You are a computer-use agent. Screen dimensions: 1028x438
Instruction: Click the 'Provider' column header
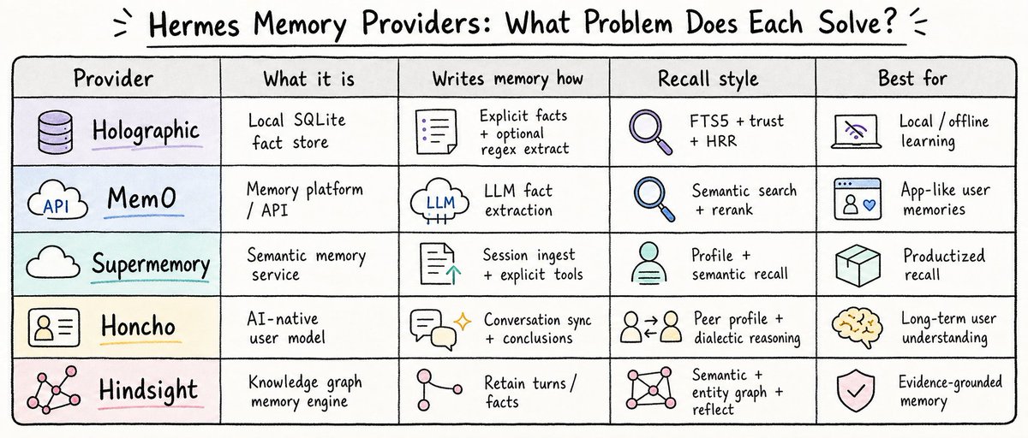click(113, 78)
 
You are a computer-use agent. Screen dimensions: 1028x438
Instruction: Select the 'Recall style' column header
click(708, 79)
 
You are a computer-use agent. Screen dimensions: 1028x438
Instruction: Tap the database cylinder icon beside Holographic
click(55, 132)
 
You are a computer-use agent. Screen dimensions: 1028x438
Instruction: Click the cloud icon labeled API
click(57, 200)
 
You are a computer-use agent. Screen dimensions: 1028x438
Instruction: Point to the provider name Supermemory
click(151, 264)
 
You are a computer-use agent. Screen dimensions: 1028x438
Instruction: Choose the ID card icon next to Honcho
click(54, 327)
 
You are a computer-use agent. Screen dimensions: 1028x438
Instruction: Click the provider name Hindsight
click(148, 390)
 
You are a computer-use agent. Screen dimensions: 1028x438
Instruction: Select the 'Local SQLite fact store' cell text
click(296, 131)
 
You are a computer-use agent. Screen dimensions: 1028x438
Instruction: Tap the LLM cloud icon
click(439, 202)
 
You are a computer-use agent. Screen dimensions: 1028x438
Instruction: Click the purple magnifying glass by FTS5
click(650, 132)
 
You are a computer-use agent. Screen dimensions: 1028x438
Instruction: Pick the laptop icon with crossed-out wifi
click(856, 132)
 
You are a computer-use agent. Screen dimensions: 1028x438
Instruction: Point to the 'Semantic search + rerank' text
click(744, 200)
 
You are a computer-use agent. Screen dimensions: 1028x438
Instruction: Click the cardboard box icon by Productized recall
click(858, 265)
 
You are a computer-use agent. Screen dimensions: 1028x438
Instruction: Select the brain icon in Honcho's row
click(857, 327)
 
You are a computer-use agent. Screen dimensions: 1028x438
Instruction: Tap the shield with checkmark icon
click(856, 391)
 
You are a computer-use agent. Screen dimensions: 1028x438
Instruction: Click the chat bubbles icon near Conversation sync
click(433, 329)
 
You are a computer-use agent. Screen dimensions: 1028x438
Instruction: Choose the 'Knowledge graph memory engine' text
click(305, 392)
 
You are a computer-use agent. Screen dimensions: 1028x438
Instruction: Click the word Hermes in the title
click(194, 25)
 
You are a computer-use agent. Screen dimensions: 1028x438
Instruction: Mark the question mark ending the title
click(889, 21)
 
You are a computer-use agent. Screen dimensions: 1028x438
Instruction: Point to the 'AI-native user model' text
click(286, 328)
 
